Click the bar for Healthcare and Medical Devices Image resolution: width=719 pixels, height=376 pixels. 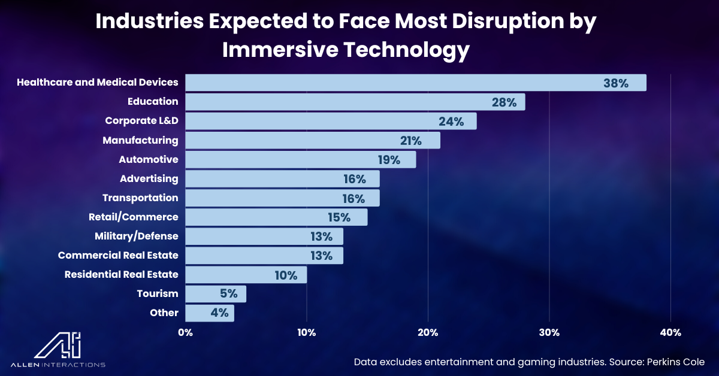[x=415, y=83]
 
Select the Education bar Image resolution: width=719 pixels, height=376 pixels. [x=355, y=102]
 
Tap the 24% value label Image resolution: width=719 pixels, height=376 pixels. [x=451, y=122]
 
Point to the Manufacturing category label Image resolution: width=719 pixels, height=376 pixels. [x=140, y=140]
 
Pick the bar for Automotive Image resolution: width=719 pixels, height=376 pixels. [x=300, y=159]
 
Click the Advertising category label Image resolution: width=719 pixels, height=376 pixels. [x=149, y=178]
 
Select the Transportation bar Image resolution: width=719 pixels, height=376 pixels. [x=282, y=198]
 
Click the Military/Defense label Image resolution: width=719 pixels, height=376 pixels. [x=136, y=236]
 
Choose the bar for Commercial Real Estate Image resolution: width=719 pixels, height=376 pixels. [x=264, y=256]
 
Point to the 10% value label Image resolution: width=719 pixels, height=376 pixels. [x=286, y=275]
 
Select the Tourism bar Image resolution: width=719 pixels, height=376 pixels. [x=216, y=294]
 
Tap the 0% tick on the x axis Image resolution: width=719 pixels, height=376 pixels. [x=185, y=332]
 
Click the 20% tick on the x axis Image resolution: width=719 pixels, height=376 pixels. [x=427, y=332]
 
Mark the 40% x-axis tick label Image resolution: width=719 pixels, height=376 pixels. [x=670, y=332]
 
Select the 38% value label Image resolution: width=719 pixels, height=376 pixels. [x=615, y=83]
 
